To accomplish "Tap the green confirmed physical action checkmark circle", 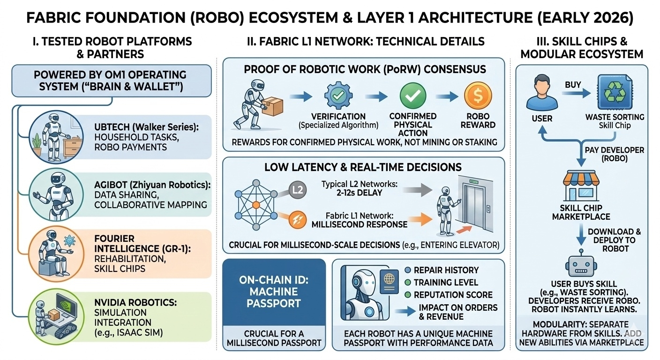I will [x=412, y=96].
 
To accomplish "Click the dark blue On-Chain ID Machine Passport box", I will [x=274, y=291].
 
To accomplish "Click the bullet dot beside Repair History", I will [x=407, y=270].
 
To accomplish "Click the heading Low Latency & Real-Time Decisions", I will [x=363, y=167].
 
